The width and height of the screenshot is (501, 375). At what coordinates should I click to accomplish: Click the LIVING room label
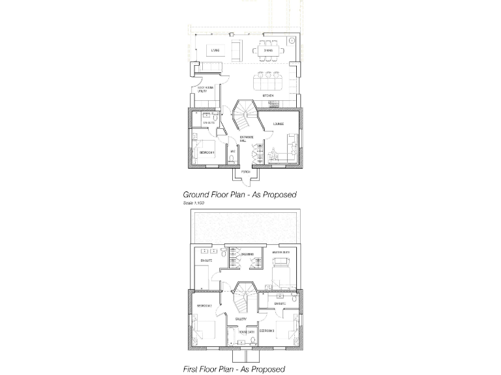tap(216, 50)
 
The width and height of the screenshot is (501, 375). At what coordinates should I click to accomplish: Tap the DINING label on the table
tap(267, 50)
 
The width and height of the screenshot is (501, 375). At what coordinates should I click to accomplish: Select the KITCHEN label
tap(267, 96)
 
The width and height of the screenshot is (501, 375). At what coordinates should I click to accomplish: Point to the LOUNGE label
tap(279, 123)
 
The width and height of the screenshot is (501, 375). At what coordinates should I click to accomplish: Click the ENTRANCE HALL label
tap(247, 139)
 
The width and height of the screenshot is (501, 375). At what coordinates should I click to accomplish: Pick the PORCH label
tap(245, 172)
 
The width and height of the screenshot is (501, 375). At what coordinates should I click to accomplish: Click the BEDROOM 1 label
tap(207, 152)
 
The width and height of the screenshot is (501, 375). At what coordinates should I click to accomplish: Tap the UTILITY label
tap(202, 92)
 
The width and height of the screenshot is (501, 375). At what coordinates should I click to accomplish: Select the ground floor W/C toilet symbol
tap(233, 159)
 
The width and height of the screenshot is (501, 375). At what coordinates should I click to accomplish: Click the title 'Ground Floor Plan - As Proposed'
tap(239, 195)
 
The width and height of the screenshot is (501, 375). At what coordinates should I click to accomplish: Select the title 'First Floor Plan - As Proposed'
tap(234, 369)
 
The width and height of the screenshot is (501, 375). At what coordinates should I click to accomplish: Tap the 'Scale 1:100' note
tap(194, 203)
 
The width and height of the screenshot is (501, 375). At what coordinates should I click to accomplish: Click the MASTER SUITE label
tap(281, 251)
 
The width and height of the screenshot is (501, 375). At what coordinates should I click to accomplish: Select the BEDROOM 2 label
tap(204, 306)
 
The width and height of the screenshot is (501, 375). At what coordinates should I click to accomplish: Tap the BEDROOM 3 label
tap(266, 331)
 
